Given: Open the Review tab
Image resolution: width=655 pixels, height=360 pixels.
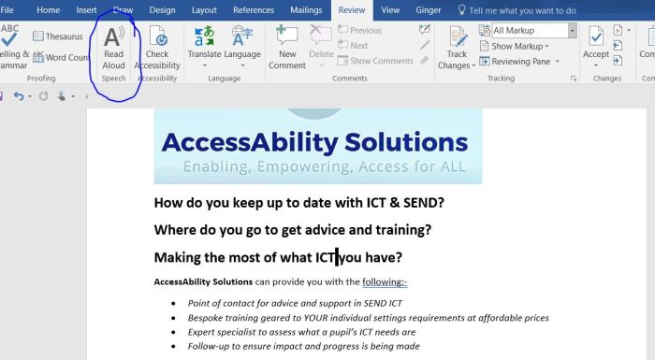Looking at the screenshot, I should (352, 9).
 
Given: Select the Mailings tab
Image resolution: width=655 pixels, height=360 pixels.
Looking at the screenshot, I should (305, 9).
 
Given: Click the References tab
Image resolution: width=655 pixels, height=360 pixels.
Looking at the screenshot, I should (253, 9).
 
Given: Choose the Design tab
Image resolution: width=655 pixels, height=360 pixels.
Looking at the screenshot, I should (162, 9).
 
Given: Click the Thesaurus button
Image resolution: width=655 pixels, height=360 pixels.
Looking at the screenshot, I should (58, 36).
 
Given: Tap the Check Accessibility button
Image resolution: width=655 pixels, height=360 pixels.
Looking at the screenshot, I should (157, 47).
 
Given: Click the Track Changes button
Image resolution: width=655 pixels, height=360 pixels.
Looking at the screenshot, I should (457, 47).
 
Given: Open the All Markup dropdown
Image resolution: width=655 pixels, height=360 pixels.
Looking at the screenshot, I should (531, 31).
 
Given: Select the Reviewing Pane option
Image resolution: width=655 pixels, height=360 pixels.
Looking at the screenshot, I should (522, 61).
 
